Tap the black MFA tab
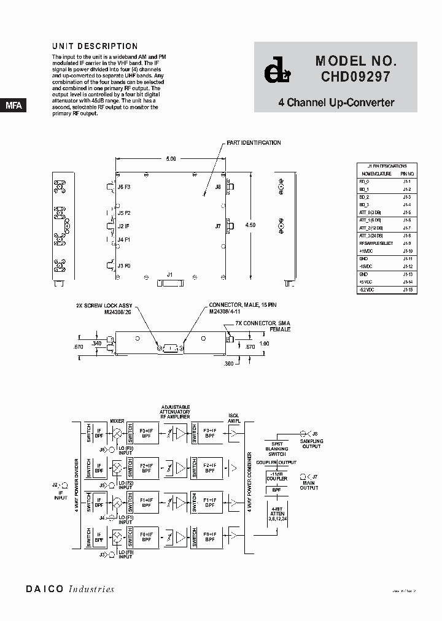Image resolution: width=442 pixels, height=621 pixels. [x=14, y=106]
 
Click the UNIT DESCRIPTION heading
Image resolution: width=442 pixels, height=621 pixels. [x=95, y=46]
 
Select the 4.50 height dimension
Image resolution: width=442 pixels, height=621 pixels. [x=250, y=225]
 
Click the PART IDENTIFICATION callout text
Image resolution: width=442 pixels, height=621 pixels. [x=254, y=143]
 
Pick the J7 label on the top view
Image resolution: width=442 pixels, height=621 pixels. [x=218, y=226]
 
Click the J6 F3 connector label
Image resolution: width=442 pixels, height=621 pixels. [x=124, y=187]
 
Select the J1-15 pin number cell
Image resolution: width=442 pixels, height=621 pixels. [x=406, y=290]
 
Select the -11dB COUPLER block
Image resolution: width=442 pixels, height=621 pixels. [x=276, y=477]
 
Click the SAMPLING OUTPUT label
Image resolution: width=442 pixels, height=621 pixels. [x=311, y=444]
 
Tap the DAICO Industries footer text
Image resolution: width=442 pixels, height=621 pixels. [x=70, y=589]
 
